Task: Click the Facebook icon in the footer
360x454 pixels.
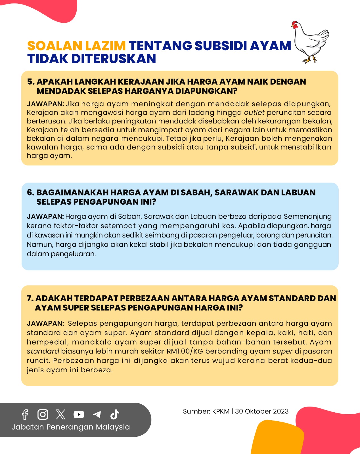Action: coord(25,415)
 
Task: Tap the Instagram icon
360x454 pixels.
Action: coord(43,415)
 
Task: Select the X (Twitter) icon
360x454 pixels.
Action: coord(61,415)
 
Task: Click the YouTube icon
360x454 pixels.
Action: coord(79,415)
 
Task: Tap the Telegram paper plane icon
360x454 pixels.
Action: coord(97,415)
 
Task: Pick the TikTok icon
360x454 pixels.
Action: coord(115,415)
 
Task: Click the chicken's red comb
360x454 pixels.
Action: coord(295,24)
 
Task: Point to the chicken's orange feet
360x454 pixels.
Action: coord(310,60)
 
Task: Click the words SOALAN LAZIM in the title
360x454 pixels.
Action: coord(76,46)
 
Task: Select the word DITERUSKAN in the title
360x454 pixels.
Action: coord(114,59)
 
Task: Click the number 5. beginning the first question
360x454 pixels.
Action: coord(31,82)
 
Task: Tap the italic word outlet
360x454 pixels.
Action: coord(254,113)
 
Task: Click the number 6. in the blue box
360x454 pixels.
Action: coord(31,192)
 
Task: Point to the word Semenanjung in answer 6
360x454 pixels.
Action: coord(307,217)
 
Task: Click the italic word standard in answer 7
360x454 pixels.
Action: coord(43,351)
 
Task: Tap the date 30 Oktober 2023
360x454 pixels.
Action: coord(262,411)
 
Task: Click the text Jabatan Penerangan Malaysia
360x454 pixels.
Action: coord(71,427)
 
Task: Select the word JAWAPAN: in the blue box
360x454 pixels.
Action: coord(45,217)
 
